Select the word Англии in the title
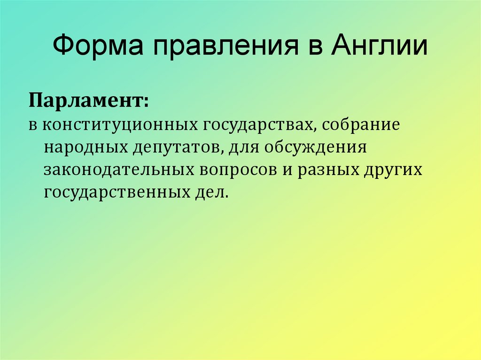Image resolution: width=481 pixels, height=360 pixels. pyautogui.click(x=380, y=47)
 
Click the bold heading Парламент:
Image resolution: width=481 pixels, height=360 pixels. pyautogui.click(x=89, y=100)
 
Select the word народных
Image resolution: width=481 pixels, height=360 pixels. pyautogui.click(x=82, y=147)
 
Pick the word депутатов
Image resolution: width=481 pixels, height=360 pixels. pyautogui.click(x=173, y=147)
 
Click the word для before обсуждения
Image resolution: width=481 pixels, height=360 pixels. pyautogui.click(x=242, y=147)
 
